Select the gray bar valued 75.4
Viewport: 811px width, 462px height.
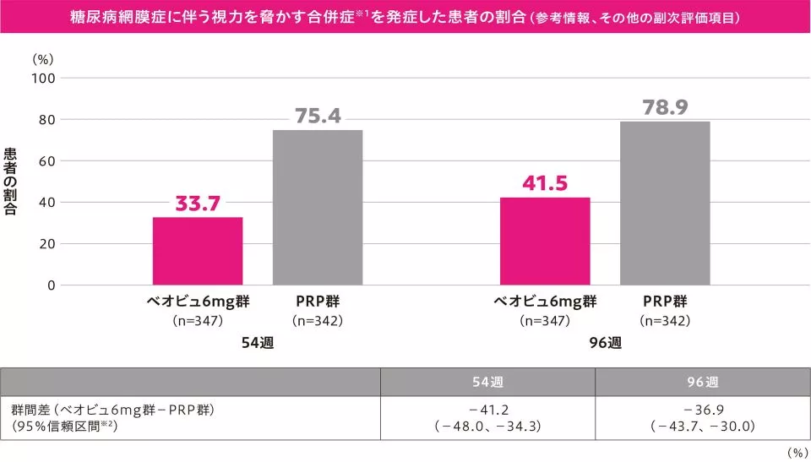pos(318,208)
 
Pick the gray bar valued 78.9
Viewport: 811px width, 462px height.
pos(665,204)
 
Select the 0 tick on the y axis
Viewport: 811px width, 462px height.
pos(51,285)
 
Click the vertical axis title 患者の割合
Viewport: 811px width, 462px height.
pos(11,182)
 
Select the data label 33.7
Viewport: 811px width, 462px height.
pos(198,204)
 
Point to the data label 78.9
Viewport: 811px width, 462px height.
pos(665,107)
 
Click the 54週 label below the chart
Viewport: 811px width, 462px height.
pos(258,344)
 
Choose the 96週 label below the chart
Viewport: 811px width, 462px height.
pos(605,344)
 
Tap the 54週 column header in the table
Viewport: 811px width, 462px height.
pos(487,382)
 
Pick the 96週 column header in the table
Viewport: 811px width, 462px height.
pos(702,382)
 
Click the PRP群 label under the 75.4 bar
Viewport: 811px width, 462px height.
pos(318,302)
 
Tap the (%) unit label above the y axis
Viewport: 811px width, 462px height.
pos(42,59)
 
